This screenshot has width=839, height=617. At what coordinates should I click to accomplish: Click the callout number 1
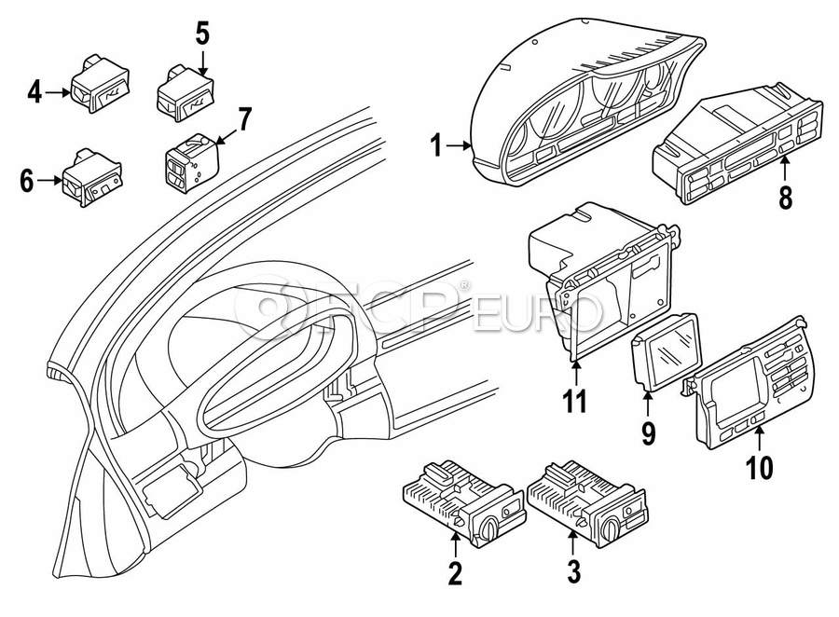point(435,145)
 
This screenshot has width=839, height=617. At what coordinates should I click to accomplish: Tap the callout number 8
point(785,197)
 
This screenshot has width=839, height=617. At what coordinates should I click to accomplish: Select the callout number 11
point(576,404)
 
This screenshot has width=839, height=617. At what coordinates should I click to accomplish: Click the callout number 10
point(761,465)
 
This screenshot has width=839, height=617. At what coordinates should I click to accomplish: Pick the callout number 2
point(455,571)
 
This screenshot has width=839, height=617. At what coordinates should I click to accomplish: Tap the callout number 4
point(34,91)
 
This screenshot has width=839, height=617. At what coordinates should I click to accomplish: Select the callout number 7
point(244,119)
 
